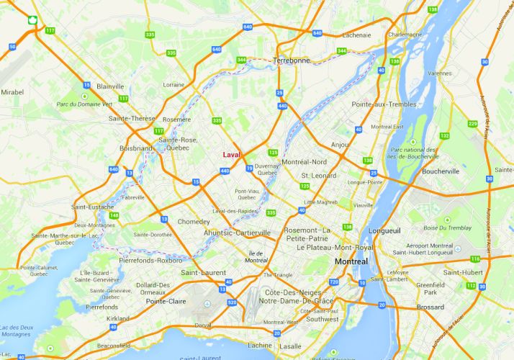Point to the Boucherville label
[440, 172]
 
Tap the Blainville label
[110, 86]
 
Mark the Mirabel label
[12, 92]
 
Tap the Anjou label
[340, 145]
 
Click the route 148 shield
[114, 215]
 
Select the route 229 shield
[472, 124]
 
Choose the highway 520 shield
[232, 303]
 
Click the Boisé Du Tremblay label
[451, 228]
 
